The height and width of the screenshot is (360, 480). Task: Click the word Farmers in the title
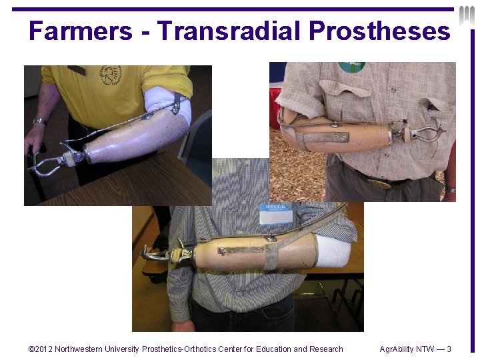(81, 31)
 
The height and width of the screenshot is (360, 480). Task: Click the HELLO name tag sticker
(276, 213)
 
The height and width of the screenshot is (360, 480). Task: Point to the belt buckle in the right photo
(379, 182)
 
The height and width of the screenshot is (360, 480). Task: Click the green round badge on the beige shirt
(351, 67)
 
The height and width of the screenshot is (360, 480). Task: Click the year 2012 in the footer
(43, 349)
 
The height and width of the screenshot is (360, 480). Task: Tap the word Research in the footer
(326, 349)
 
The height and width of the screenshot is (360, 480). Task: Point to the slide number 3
(449, 349)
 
